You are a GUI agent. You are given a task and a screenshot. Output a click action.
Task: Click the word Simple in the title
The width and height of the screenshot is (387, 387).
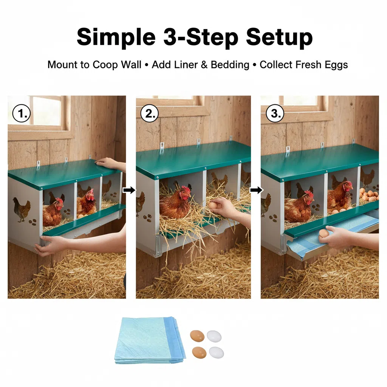pyautogui.click(x=116, y=37)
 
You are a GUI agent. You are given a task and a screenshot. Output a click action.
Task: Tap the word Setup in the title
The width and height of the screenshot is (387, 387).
pyautogui.click(x=279, y=37)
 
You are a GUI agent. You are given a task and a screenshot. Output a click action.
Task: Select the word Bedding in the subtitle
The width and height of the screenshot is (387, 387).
pyautogui.click(x=230, y=65)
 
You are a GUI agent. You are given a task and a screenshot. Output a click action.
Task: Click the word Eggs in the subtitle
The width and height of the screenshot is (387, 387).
pyautogui.click(x=336, y=65)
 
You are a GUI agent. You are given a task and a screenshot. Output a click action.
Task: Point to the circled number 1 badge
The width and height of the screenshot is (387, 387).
pyautogui.click(x=22, y=113)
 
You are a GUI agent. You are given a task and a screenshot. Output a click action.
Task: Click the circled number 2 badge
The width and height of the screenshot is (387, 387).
pyautogui.click(x=150, y=113)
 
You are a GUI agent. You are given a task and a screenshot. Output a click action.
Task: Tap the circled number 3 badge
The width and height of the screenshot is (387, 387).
pyautogui.click(x=275, y=113)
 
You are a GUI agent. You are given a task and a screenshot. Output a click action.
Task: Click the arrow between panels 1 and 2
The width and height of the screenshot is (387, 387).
pyautogui.click(x=129, y=190)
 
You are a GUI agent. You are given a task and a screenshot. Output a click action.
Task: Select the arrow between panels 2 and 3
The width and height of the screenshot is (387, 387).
pyautogui.click(x=256, y=190)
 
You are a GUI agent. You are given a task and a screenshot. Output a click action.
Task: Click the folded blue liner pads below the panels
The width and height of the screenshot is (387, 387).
pyautogui.click(x=150, y=341)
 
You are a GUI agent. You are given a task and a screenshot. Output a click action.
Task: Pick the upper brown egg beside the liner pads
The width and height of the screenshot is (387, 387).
pyautogui.click(x=197, y=336)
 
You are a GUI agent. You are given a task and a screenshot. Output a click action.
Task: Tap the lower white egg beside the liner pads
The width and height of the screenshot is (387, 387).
pyautogui.click(x=217, y=353)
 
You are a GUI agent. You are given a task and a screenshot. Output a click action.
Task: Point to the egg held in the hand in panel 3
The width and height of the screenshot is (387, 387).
pyautogui.click(x=324, y=233)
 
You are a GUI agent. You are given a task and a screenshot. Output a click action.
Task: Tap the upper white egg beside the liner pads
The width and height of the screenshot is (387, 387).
pyautogui.click(x=214, y=336)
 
